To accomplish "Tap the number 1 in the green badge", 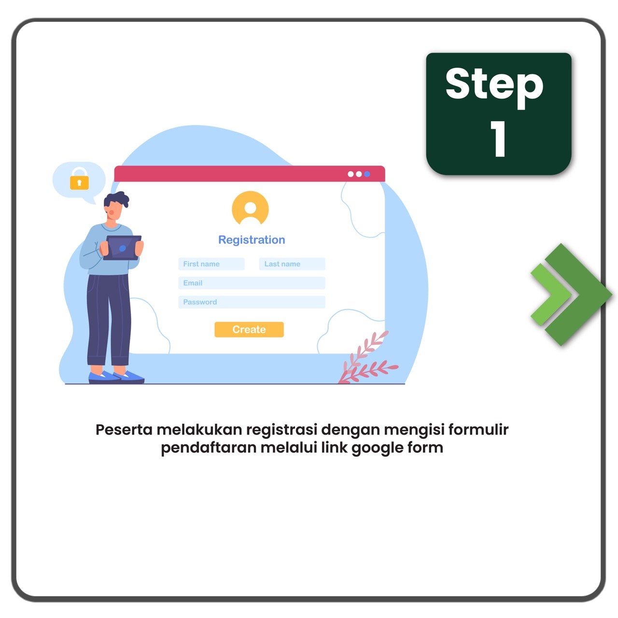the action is tap(498, 139).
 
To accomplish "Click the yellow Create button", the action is tap(249, 329).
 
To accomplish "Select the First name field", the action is tap(211, 264).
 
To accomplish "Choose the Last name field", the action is tap(292, 264).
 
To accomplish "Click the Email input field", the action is tap(252, 283).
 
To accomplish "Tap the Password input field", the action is tap(252, 302).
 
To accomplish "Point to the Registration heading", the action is tap(252, 240).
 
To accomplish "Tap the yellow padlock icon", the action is tap(79, 179).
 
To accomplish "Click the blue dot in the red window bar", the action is tap(367, 174).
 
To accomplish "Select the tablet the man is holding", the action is tap(123, 248).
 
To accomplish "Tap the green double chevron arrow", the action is tap(571, 295).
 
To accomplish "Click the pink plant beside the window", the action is tap(368, 358).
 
